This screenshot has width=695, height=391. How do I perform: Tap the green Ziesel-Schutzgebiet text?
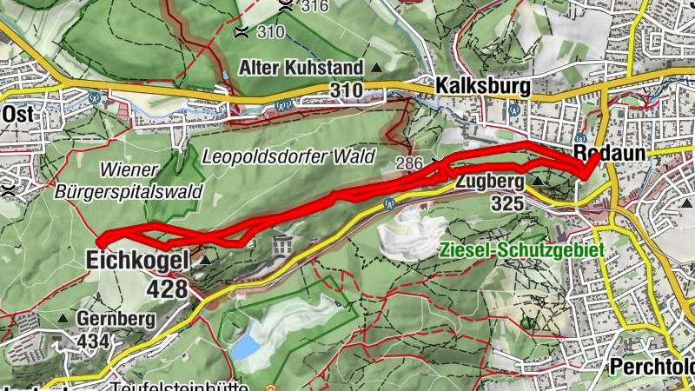click(x=522, y=249)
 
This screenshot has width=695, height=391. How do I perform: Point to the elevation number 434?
click(x=93, y=341)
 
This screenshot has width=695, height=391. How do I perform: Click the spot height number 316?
click(x=314, y=8)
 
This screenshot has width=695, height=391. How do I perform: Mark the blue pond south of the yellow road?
click(x=246, y=347)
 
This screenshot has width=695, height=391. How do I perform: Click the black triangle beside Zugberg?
click(x=538, y=182)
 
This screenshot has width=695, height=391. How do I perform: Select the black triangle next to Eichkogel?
click(x=205, y=259)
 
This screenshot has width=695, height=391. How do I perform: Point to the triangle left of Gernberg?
click(x=63, y=319)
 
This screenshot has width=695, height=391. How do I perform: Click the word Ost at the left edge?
click(x=17, y=114)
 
